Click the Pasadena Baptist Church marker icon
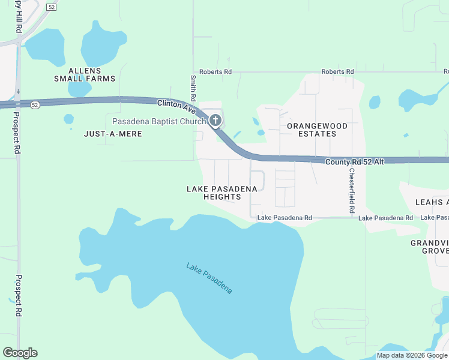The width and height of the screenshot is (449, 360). [x=216, y=121]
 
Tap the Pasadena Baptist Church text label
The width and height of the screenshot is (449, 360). [x=160, y=121]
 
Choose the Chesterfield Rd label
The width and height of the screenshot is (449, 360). [x=352, y=191]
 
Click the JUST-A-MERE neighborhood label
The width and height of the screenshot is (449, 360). [x=113, y=134]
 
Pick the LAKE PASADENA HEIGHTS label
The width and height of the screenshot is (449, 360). [x=222, y=193]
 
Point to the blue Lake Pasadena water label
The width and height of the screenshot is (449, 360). [x=209, y=278]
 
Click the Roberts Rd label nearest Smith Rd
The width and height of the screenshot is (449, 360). [x=215, y=72]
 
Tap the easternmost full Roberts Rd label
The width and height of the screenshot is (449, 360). [x=337, y=72]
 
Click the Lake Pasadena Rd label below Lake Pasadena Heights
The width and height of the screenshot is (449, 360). [x=285, y=218]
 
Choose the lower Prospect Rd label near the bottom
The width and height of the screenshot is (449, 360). [x=18, y=296]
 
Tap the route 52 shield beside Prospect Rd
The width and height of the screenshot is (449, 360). [x=35, y=104]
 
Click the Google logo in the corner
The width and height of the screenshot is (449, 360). [x=20, y=353]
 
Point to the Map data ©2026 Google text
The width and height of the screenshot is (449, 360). [x=412, y=355]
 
